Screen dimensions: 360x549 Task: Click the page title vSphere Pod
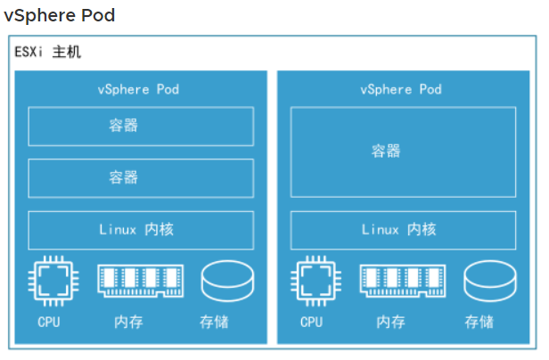pos(60,16)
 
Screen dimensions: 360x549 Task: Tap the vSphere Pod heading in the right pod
pos(401,89)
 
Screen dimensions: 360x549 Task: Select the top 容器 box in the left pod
pos(141,126)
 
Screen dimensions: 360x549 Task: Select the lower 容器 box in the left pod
pos(141,177)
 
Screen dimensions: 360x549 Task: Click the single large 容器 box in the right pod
pos(403,151)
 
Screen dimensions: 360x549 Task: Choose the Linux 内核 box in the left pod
pos(141,230)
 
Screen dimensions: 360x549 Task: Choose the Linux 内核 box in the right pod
pos(403,230)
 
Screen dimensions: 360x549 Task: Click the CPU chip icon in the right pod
pos(312,282)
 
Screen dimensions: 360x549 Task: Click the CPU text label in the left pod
pos(49,322)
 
